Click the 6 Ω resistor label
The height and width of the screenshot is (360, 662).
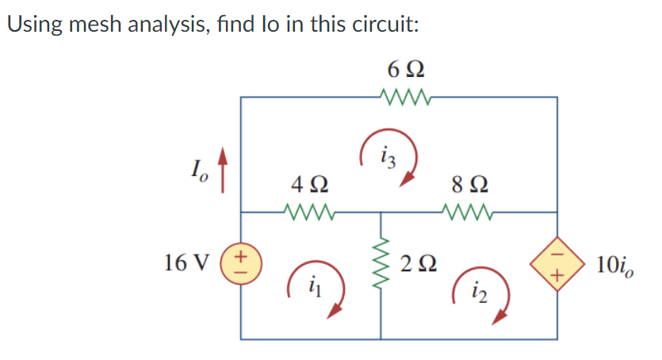click(x=405, y=71)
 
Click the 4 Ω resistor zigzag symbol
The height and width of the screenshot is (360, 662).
click(x=308, y=213)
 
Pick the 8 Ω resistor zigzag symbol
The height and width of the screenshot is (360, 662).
click(x=469, y=213)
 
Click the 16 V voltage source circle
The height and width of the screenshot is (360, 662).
click(x=241, y=262)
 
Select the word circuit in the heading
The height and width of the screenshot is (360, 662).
click(x=383, y=23)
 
